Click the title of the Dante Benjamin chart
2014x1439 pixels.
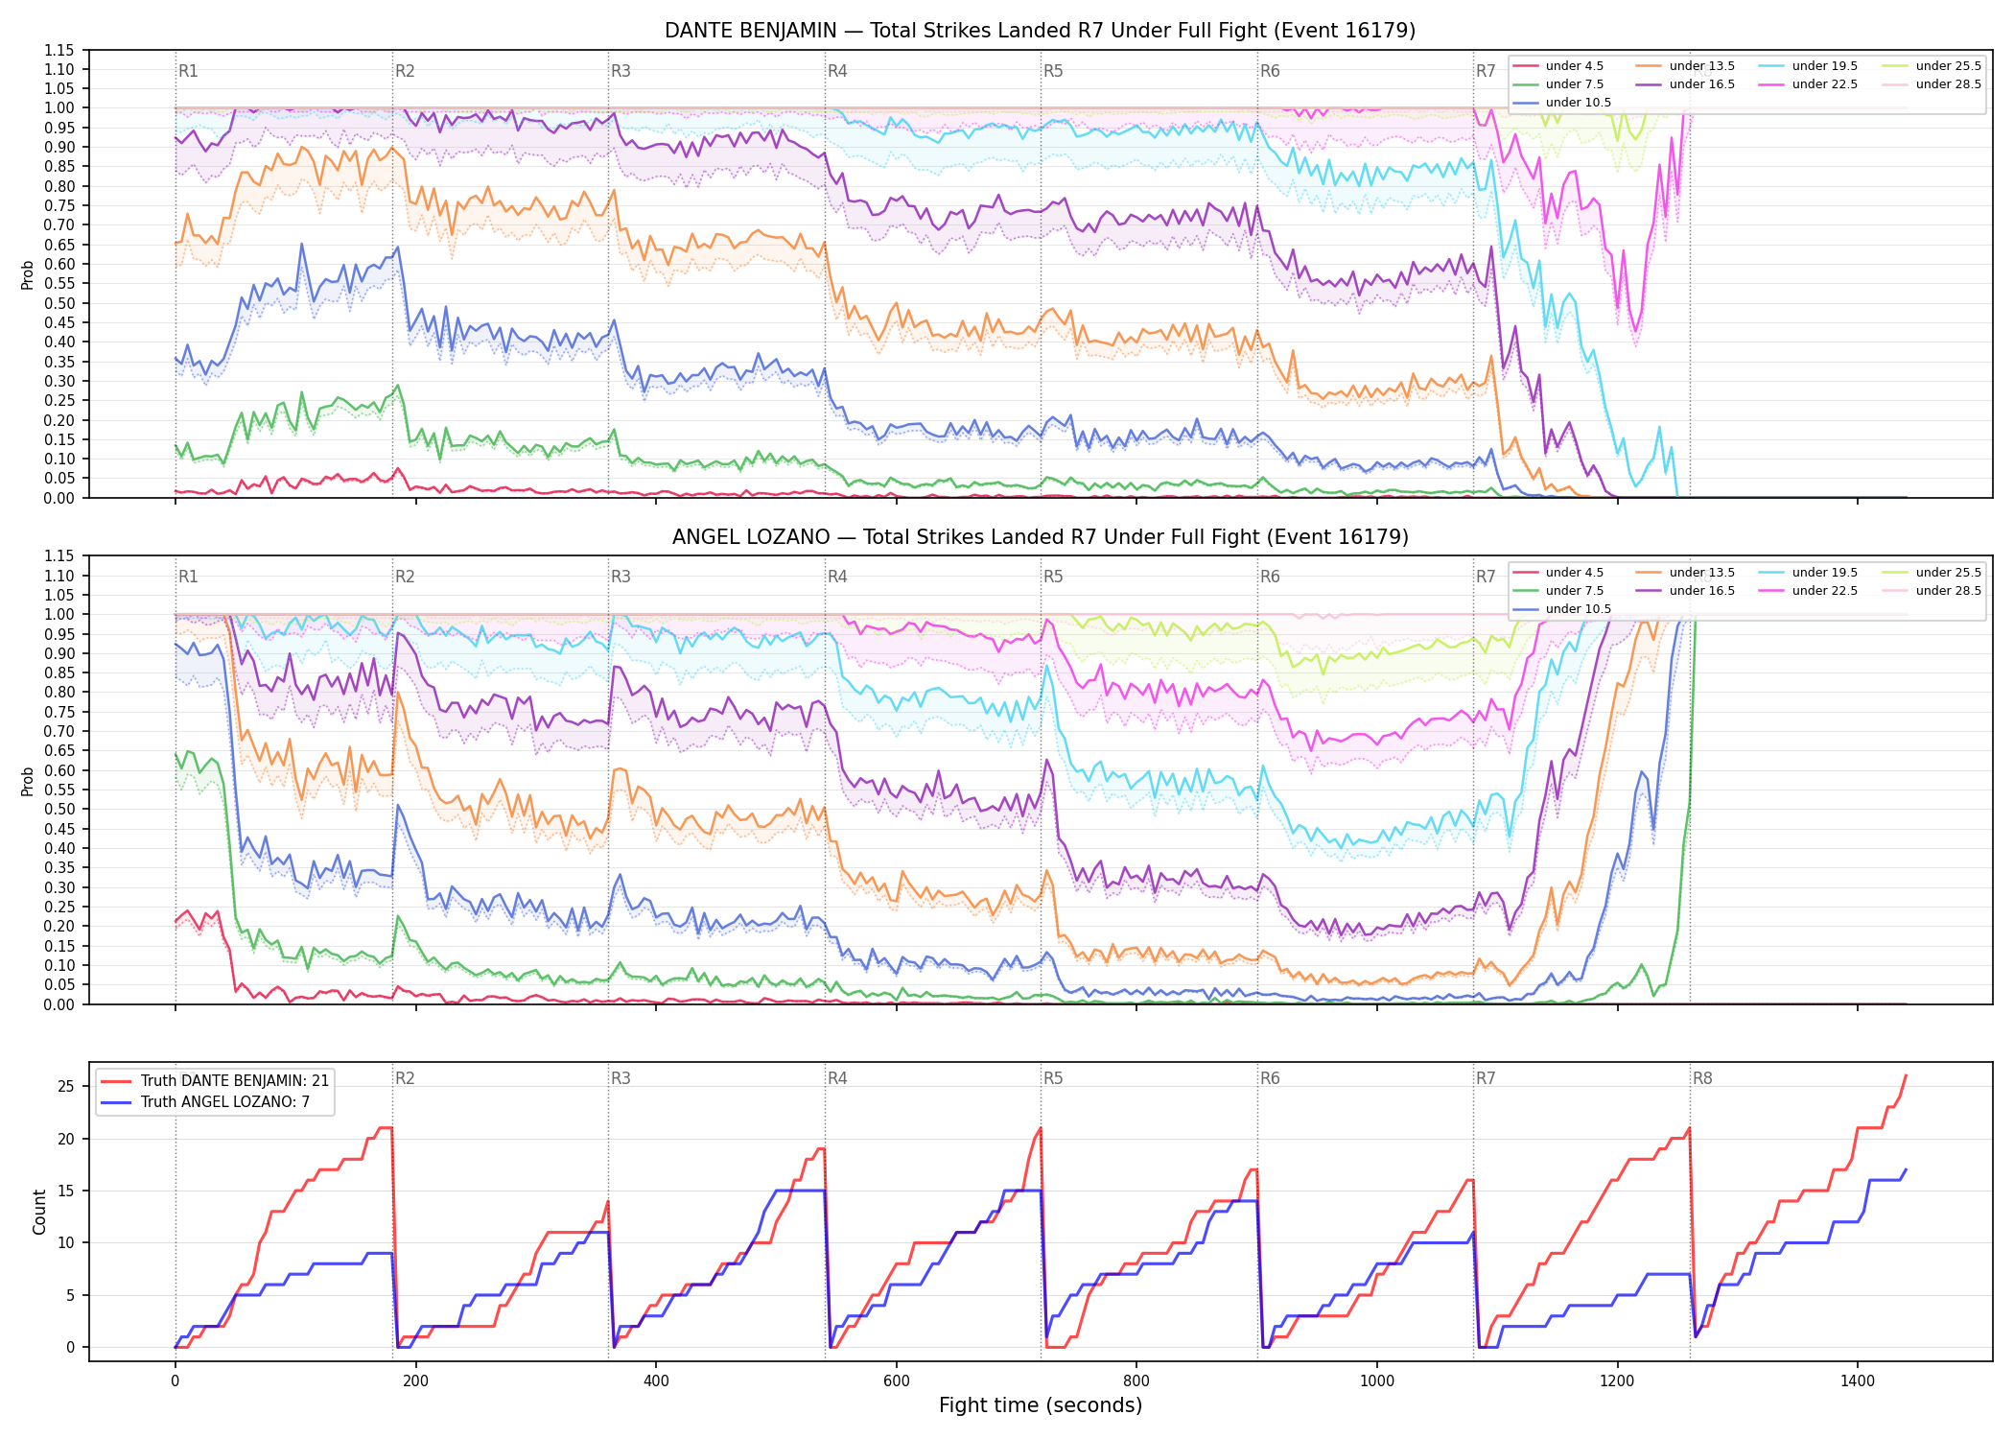(1040, 31)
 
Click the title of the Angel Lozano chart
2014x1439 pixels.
(1040, 537)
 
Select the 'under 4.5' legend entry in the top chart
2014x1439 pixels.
(1558, 66)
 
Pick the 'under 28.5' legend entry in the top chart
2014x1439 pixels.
(1932, 84)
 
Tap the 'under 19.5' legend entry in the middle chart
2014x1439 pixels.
(1809, 573)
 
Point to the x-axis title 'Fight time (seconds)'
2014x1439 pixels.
(1041, 1405)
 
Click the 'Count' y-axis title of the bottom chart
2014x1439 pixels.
(39, 1212)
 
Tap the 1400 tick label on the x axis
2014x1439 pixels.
(1858, 1381)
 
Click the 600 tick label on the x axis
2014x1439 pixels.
(896, 1381)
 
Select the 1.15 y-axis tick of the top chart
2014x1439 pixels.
(59, 50)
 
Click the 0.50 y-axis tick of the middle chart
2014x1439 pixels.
(59, 810)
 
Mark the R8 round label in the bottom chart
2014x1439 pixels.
(1702, 1078)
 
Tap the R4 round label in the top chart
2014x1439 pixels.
(837, 71)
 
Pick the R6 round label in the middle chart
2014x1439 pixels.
(1270, 577)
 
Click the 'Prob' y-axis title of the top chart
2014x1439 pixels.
(28, 274)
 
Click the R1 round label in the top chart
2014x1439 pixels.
(188, 71)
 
